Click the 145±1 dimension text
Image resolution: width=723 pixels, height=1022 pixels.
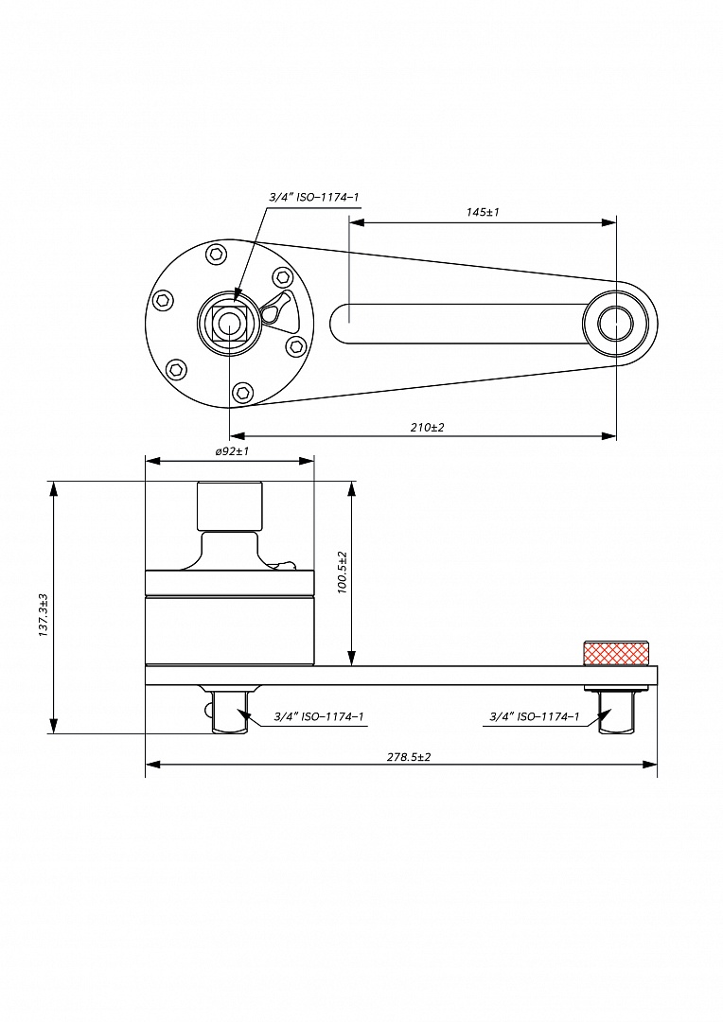(x=483, y=212)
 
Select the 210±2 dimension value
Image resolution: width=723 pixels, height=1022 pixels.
(x=427, y=428)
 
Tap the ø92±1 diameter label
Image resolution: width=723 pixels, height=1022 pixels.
(x=232, y=451)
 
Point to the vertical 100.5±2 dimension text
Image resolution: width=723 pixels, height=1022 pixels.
(x=343, y=572)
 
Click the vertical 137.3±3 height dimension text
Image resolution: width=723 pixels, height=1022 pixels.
(x=43, y=615)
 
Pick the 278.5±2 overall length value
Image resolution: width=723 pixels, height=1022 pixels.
(x=409, y=757)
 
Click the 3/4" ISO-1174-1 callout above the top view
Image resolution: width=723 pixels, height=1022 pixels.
(x=313, y=197)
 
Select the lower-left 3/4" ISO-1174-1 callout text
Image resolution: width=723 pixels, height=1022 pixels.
(x=319, y=716)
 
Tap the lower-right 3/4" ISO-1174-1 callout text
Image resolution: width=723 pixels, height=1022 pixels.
(x=534, y=716)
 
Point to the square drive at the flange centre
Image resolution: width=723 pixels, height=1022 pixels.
(x=229, y=323)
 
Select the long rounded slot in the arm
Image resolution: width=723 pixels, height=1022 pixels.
(x=456, y=324)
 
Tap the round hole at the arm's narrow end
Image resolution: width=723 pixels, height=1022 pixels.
(x=616, y=324)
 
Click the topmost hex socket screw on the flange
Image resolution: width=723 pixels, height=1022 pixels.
(x=216, y=255)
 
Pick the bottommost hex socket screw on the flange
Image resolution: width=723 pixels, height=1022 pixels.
(x=242, y=392)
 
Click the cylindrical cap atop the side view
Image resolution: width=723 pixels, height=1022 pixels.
(x=230, y=506)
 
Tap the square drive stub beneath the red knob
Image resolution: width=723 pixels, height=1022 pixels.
(x=616, y=712)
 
